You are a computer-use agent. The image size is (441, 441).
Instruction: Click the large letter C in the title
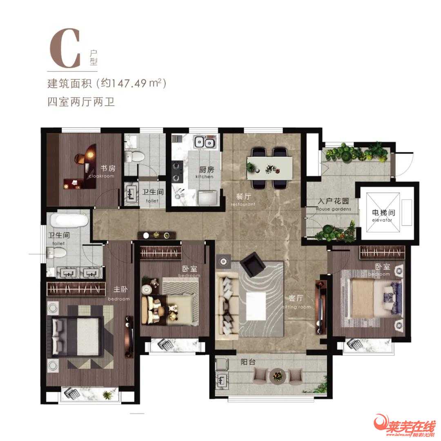tap(65, 48)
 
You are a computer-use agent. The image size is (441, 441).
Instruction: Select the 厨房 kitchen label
tap(205, 170)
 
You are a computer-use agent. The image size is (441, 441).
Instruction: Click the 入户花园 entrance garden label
tap(334, 202)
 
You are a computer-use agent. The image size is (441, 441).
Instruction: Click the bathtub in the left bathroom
tap(69, 222)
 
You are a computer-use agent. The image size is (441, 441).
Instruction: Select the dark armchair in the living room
tap(252, 265)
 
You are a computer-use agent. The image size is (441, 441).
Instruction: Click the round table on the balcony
tap(278, 375)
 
